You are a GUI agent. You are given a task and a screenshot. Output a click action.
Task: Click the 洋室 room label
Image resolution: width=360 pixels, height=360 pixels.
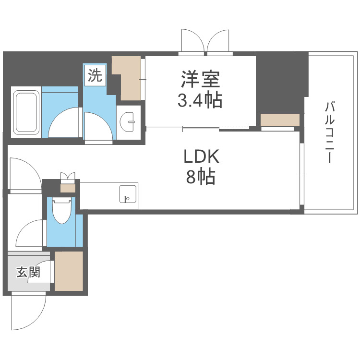(x=201, y=79)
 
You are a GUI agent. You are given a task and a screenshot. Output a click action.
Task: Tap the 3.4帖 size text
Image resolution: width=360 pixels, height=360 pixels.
(x=201, y=100)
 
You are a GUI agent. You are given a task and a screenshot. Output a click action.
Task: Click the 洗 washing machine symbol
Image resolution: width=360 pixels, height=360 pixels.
(x=96, y=76)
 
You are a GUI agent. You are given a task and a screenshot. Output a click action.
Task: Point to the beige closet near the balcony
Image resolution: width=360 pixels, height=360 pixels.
(x=280, y=120)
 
